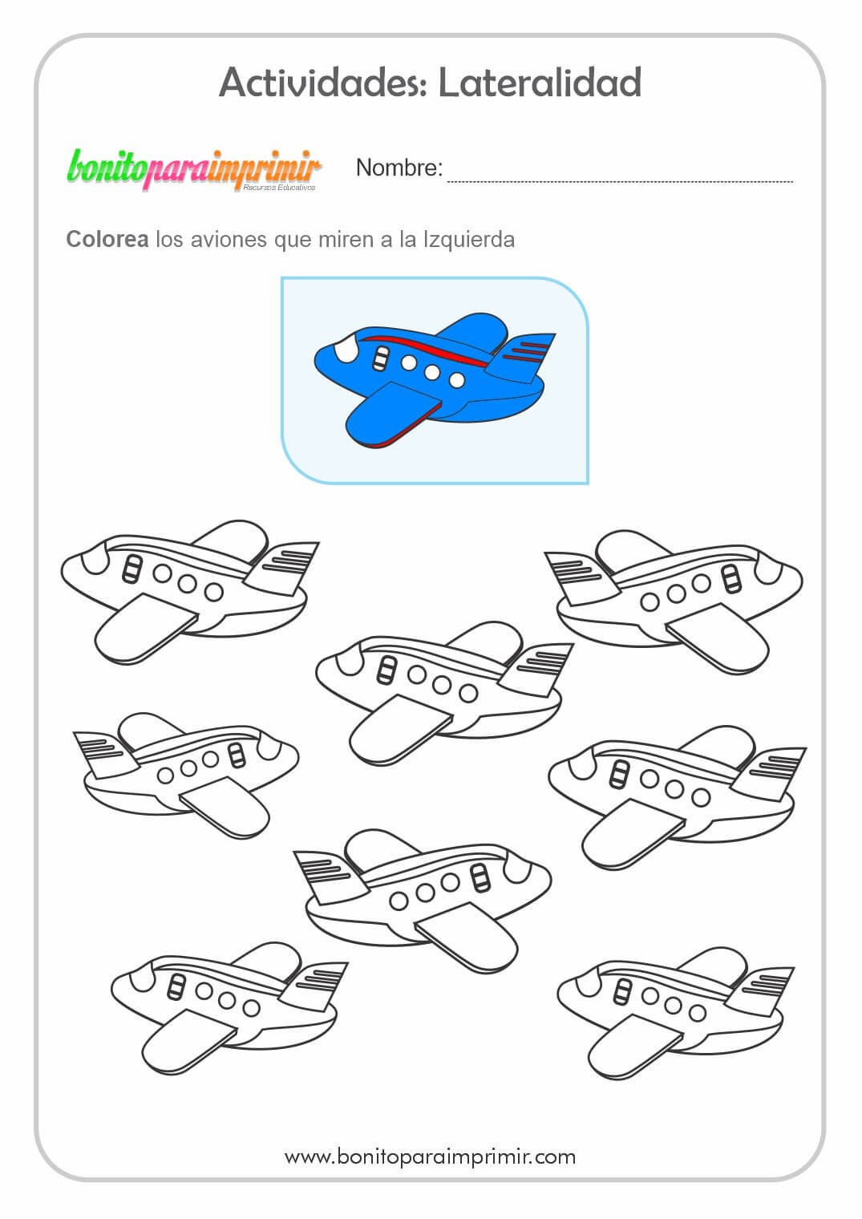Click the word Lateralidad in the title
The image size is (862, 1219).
click(x=540, y=83)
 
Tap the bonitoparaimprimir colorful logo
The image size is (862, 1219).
click(x=194, y=170)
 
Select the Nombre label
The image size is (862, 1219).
click(x=399, y=168)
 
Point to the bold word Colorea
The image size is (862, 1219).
click(x=107, y=239)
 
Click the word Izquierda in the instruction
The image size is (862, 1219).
click(x=469, y=240)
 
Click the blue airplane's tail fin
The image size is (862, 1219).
click(x=523, y=356)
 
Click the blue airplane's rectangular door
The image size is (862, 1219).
click(x=381, y=358)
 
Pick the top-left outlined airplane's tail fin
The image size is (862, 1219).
click(x=283, y=567)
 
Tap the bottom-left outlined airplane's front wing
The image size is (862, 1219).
click(x=186, y=1041)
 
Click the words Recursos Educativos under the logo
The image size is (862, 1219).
click(x=279, y=187)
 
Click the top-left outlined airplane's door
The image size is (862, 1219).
click(x=132, y=569)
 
